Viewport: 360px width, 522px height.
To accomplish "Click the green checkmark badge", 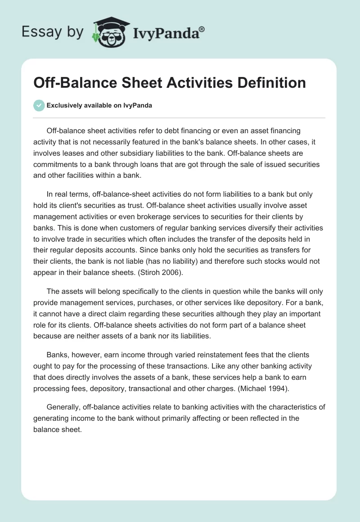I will point(39,105).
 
